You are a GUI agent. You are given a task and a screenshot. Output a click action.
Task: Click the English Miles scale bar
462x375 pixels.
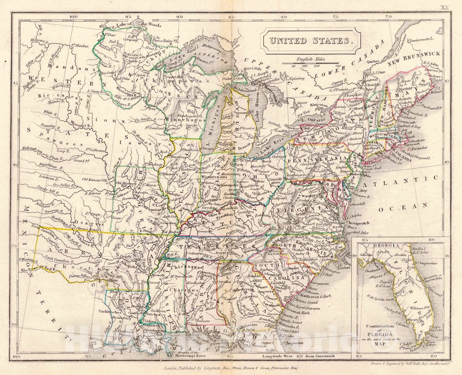[x=310, y=63]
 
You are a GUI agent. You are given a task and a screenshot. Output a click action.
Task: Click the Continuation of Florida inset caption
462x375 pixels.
[x=380, y=335]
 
